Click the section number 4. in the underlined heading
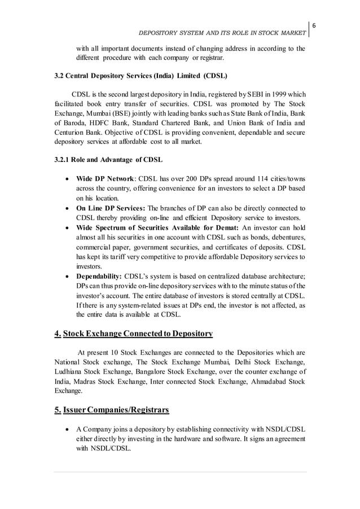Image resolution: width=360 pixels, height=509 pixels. (x=58, y=334)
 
